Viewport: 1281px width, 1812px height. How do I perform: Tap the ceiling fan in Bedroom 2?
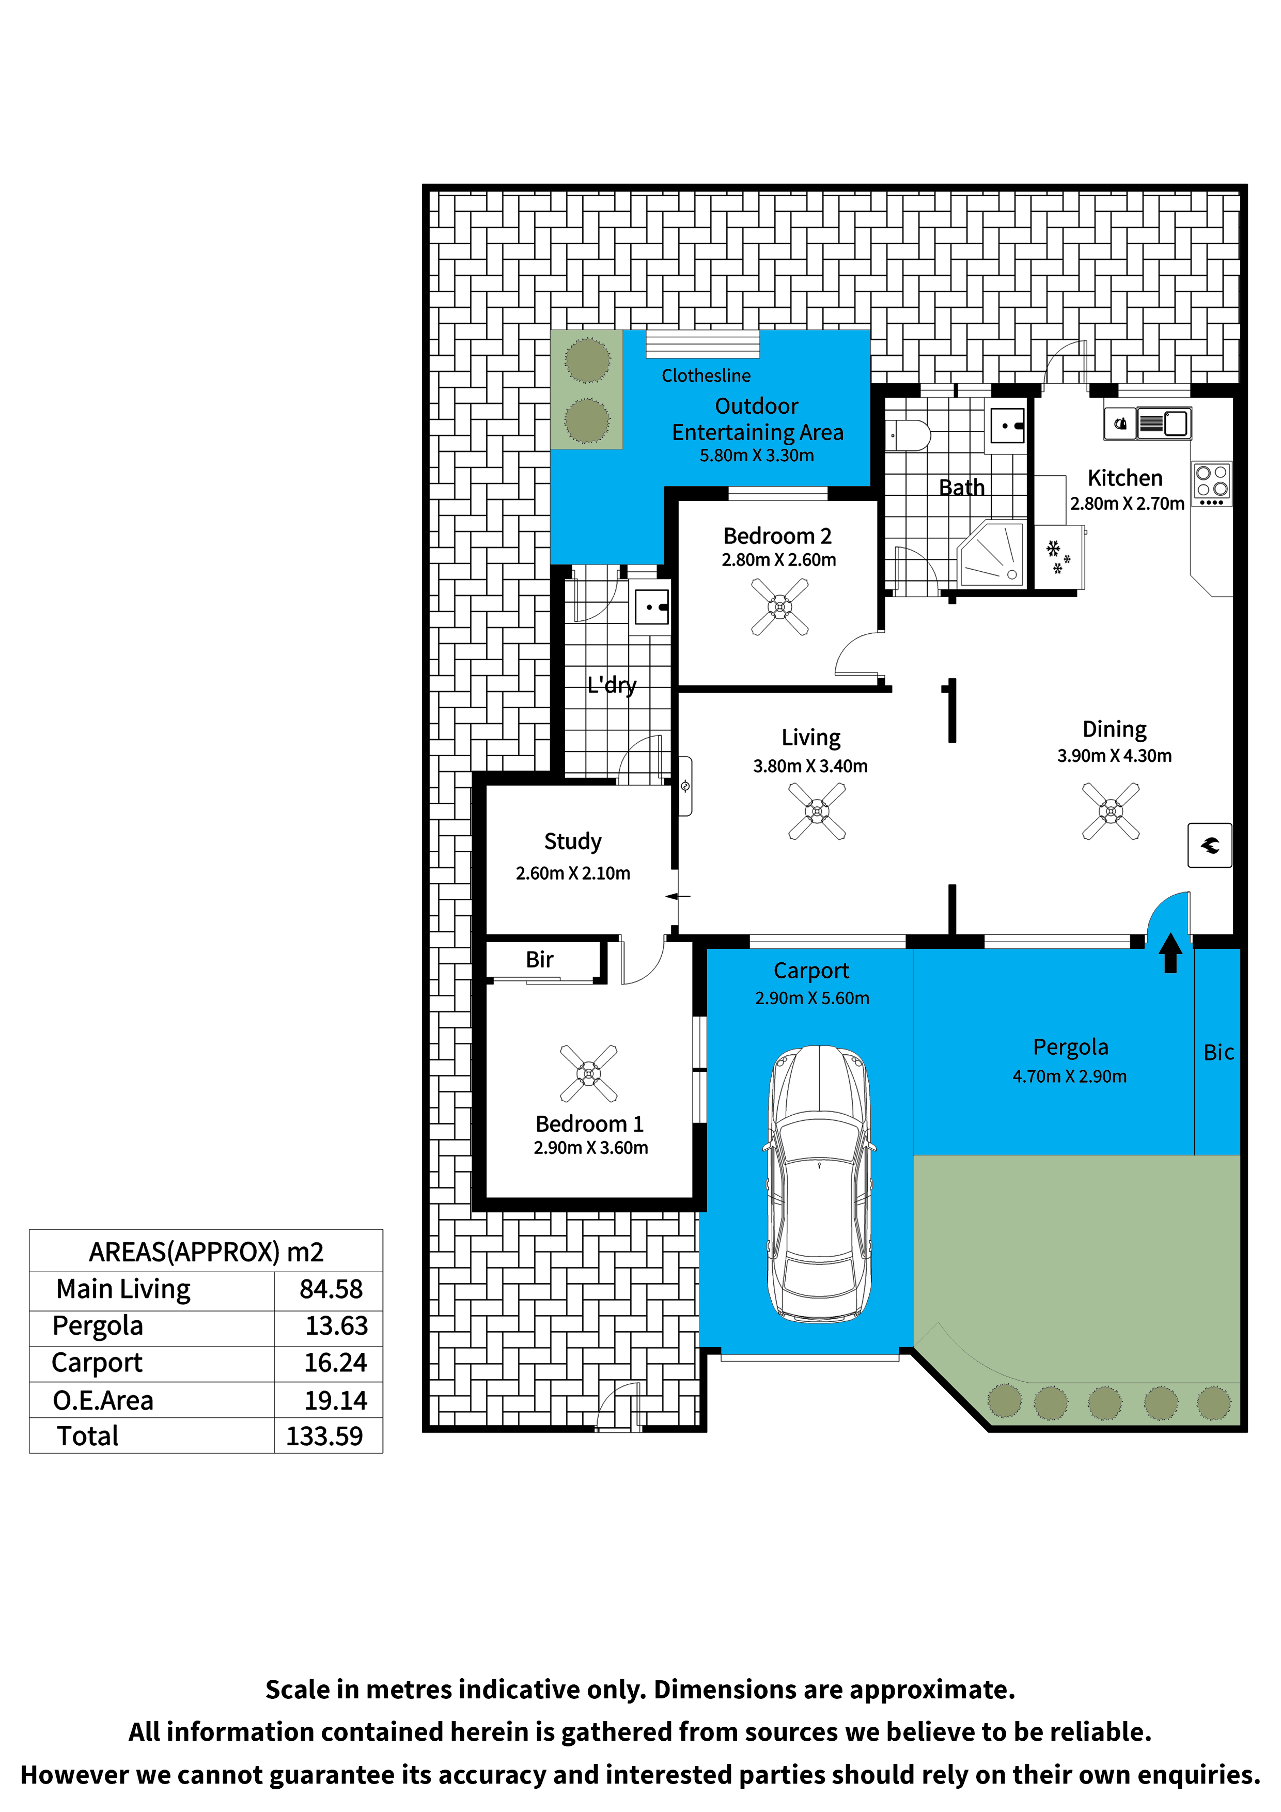tap(780, 607)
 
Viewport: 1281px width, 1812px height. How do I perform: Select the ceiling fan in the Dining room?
tap(1111, 811)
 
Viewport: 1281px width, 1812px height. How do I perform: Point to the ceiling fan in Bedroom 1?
tap(589, 1073)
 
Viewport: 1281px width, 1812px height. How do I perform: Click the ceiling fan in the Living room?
tap(817, 811)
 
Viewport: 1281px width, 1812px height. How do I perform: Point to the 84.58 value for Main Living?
tap(331, 1289)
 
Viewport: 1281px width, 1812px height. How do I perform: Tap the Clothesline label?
tap(706, 376)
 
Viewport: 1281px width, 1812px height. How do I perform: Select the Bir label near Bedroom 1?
tap(540, 960)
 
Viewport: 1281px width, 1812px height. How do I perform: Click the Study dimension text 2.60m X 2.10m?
tap(573, 873)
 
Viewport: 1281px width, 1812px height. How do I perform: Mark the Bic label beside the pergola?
tap(1218, 1052)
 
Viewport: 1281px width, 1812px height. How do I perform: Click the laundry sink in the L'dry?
tap(652, 607)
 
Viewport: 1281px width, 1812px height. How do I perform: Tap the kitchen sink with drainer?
tap(1163, 423)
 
